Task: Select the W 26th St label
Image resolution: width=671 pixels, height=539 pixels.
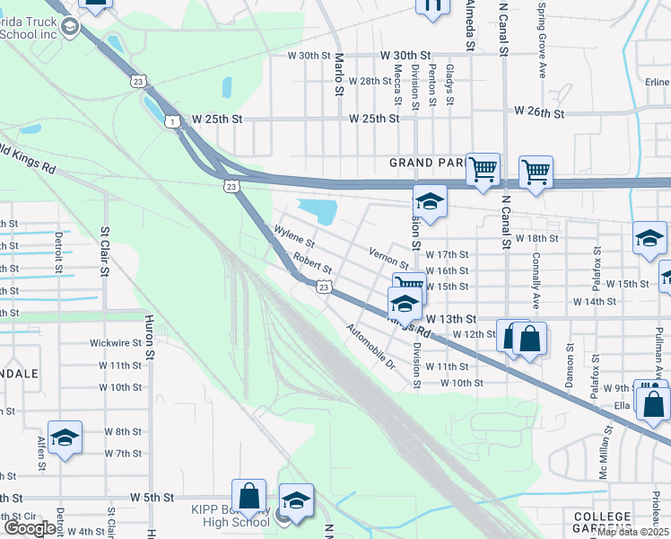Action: click(539, 113)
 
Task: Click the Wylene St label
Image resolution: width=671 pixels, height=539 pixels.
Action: click(294, 237)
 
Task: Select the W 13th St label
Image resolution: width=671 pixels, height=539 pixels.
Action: click(450, 319)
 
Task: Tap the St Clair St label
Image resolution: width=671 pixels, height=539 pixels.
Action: click(105, 251)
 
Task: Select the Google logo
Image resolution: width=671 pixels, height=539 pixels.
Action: click(30, 528)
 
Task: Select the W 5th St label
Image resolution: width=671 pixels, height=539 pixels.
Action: click(151, 497)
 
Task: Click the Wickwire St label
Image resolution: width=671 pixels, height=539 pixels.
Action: click(116, 342)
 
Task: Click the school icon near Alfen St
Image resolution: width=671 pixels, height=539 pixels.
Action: click(65, 437)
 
